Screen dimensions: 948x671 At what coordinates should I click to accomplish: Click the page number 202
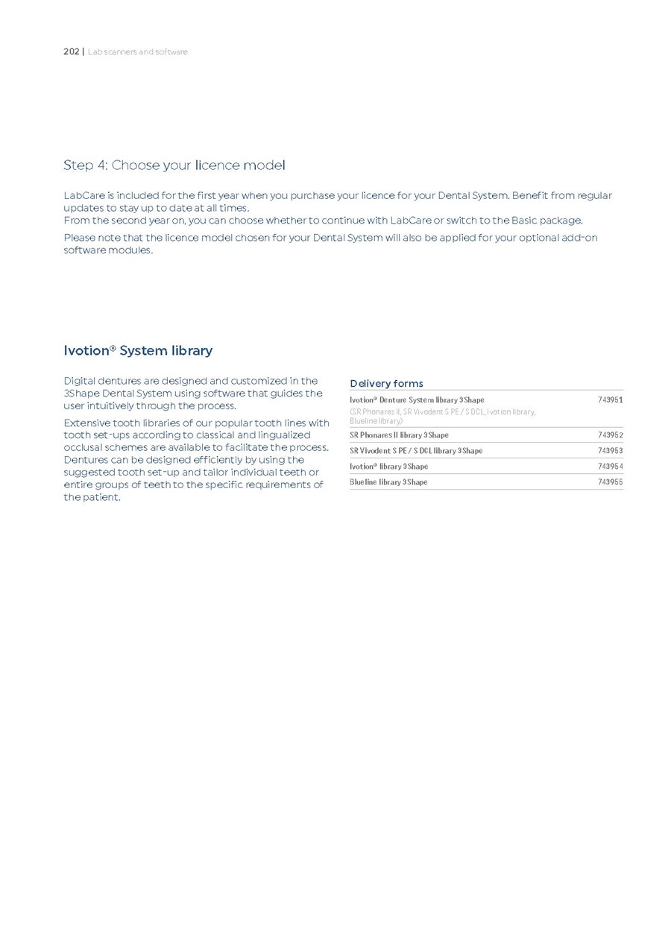[x=71, y=52]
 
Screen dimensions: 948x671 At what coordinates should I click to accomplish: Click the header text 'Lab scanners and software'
[x=137, y=52]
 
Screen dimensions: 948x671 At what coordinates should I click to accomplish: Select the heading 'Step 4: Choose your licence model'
[x=174, y=165]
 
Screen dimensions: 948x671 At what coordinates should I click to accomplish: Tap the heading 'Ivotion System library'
[x=138, y=350]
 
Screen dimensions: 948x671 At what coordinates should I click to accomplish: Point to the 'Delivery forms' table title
[x=386, y=384]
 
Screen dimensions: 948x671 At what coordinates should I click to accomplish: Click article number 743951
[x=610, y=400]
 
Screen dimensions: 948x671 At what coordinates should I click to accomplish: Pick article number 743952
[x=610, y=435]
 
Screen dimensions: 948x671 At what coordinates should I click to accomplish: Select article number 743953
[x=610, y=451]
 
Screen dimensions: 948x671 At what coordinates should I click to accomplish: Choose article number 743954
[x=610, y=467]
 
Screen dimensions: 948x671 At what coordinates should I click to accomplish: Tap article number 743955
[x=610, y=482]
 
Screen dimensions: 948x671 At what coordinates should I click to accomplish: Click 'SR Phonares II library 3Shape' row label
[x=399, y=435]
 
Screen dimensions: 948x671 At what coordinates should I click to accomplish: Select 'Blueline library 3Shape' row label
[x=388, y=482]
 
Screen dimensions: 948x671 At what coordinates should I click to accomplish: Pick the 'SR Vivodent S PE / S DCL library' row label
[x=416, y=451]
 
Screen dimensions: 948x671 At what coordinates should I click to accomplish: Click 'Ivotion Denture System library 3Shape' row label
[x=417, y=400]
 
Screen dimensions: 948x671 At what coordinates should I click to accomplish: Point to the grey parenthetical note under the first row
[x=442, y=417]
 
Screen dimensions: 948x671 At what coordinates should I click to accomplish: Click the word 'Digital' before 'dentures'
[x=80, y=381]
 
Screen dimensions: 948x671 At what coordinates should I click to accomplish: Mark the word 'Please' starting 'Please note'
[x=80, y=238]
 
